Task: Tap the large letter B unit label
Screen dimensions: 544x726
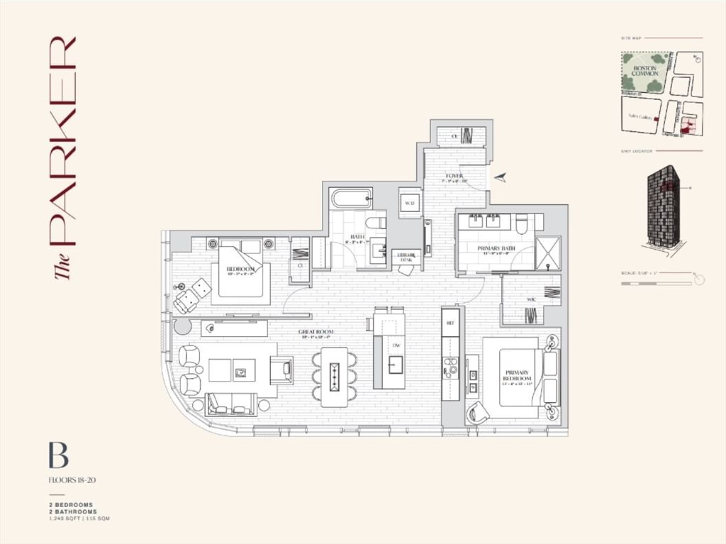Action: (x=58, y=455)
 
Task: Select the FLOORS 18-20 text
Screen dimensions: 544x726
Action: (x=72, y=480)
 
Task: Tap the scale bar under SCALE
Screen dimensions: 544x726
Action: (x=655, y=284)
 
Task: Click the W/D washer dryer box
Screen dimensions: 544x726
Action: (x=409, y=203)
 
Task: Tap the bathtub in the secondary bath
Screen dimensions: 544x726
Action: (x=350, y=197)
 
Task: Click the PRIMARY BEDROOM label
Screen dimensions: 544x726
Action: (x=518, y=376)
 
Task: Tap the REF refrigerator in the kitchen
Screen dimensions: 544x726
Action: (x=449, y=322)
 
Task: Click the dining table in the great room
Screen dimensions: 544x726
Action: (x=335, y=377)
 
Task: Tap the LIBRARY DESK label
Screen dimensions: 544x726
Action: (x=406, y=257)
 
